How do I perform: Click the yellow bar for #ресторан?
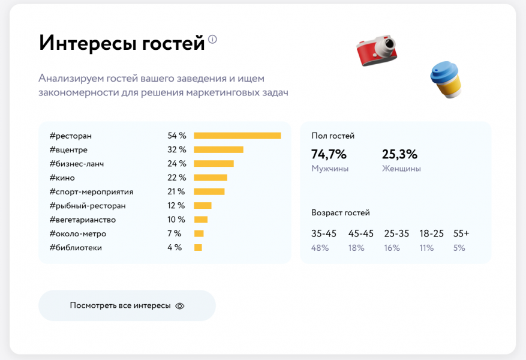tap(237, 136)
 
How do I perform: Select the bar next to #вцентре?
tap(218, 149)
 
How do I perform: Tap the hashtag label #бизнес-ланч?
tap(76, 163)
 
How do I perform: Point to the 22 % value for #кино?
tap(177, 178)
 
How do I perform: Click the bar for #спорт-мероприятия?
tap(209, 191)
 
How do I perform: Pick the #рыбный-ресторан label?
tap(88, 206)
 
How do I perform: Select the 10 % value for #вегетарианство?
tap(176, 220)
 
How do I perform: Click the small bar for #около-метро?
tap(199, 233)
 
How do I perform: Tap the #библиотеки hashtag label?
tap(76, 247)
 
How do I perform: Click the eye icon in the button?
tap(180, 305)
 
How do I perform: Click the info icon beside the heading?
tap(212, 40)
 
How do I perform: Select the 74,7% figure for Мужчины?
tap(329, 154)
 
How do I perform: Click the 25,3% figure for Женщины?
tap(399, 154)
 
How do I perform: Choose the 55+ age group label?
tap(461, 233)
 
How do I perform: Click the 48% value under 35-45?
tap(320, 248)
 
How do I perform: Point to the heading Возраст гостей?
tap(341, 212)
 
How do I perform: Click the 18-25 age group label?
tap(431, 233)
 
